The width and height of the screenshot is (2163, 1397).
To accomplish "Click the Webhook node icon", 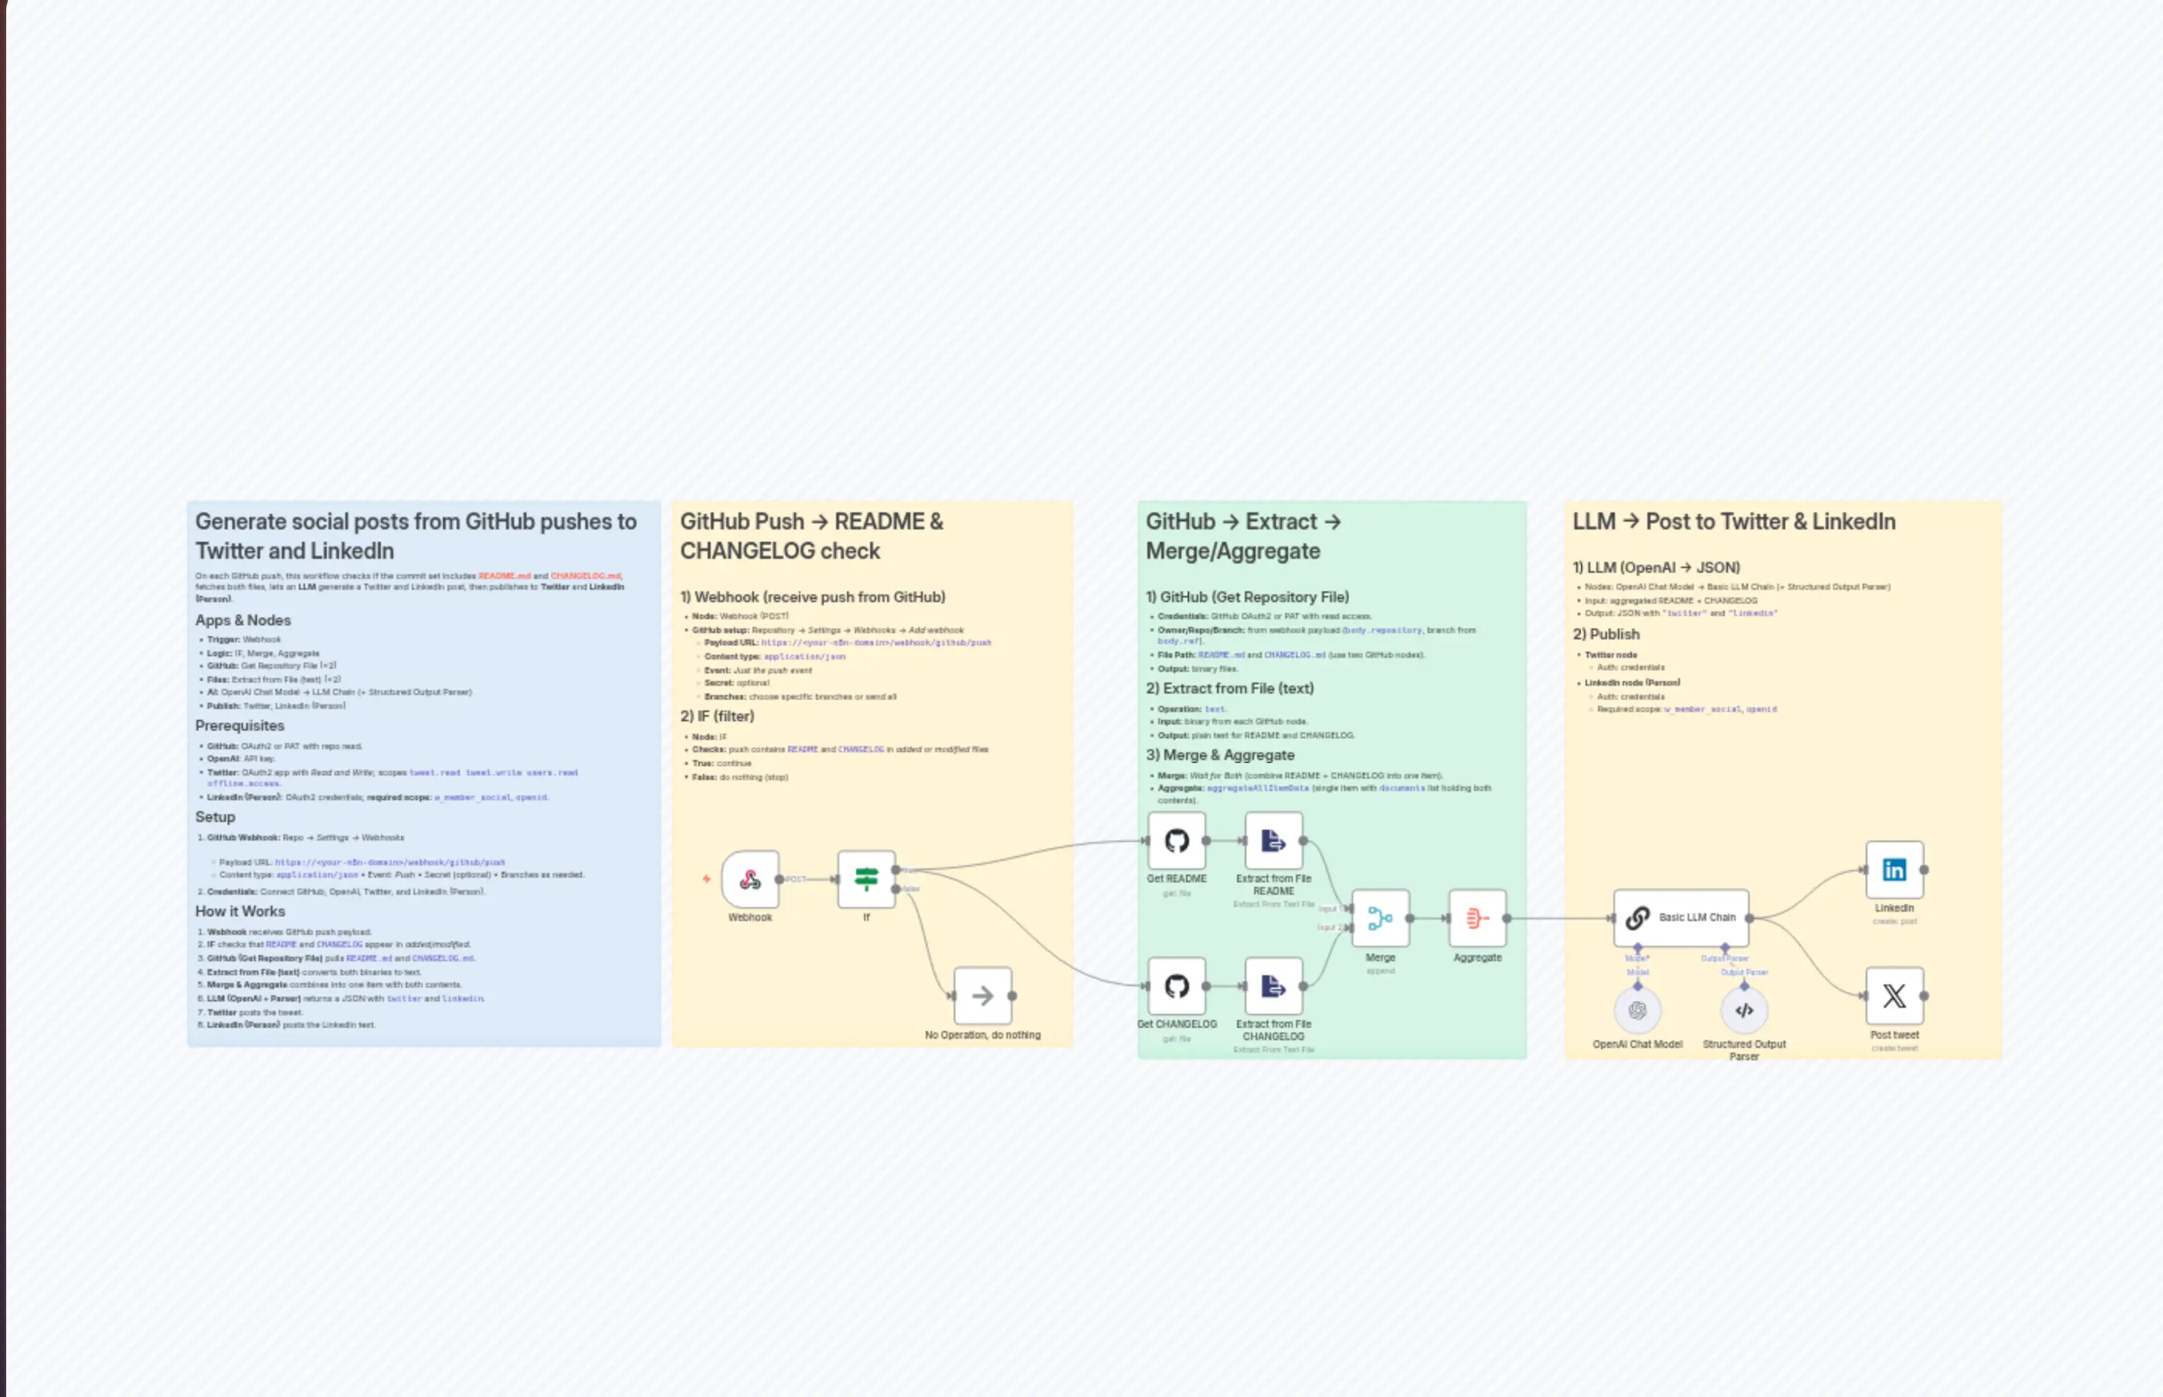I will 750,879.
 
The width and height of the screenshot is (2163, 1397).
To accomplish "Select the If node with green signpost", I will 866,879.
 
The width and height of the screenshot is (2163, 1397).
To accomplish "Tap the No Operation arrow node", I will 982,996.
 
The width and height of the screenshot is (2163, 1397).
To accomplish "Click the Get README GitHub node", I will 1177,841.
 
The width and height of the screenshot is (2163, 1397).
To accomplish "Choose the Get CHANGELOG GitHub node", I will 1177,986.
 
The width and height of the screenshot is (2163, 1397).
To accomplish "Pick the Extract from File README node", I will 1273,841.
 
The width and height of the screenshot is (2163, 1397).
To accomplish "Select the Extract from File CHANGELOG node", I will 1273,986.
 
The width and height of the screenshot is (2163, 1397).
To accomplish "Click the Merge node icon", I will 1380,918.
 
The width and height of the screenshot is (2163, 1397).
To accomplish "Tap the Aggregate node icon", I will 1477,918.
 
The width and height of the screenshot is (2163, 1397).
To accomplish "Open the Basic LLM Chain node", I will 1681,918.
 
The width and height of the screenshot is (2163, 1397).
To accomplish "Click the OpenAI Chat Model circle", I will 1637,1010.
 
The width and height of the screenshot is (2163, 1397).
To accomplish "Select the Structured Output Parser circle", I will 1744,1010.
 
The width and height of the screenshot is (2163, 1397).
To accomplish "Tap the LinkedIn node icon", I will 1894,870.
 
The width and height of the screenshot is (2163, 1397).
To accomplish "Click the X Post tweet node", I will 1894,996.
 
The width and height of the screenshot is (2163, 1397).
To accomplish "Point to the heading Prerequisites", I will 239,726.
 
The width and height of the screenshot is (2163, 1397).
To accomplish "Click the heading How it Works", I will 239,911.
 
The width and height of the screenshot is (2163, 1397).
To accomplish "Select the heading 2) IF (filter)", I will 717,716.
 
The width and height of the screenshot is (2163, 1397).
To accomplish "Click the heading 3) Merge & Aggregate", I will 1219,755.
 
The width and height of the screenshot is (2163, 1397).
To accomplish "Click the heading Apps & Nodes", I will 243,621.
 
